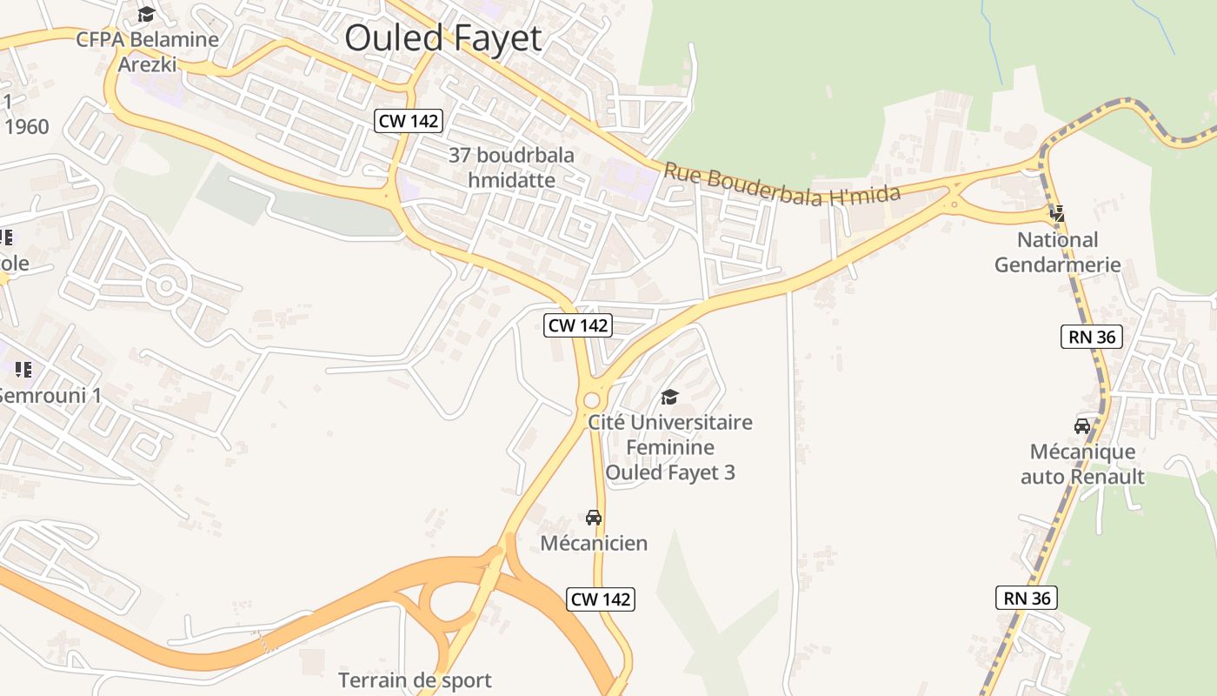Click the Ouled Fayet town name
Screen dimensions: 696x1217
[442, 38]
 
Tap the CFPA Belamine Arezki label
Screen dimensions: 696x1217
[147, 51]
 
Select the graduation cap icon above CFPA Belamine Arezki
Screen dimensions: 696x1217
[146, 14]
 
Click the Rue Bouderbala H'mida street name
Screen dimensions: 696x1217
[781, 184]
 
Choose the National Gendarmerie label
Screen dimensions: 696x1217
[1057, 251]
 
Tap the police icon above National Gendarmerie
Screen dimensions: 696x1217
[1057, 212]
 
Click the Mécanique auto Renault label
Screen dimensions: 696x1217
[1082, 464]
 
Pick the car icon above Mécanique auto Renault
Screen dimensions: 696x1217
[1082, 425]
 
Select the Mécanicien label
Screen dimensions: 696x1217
[594, 543]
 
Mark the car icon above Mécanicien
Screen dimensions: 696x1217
[594, 517]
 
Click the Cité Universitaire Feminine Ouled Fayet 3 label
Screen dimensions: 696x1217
[670, 447]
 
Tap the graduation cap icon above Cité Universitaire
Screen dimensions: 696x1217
[669, 398]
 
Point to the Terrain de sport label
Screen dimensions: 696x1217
[415, 679]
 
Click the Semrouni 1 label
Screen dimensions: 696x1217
[49, 395]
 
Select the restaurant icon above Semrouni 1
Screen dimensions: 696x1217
[23, 370]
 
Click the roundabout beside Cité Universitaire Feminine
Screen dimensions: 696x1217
[592, 399]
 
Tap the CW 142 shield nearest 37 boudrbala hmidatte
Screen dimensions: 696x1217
[409, 121]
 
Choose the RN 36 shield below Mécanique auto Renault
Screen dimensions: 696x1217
[1026, 598]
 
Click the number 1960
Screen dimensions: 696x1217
[26, 127]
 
